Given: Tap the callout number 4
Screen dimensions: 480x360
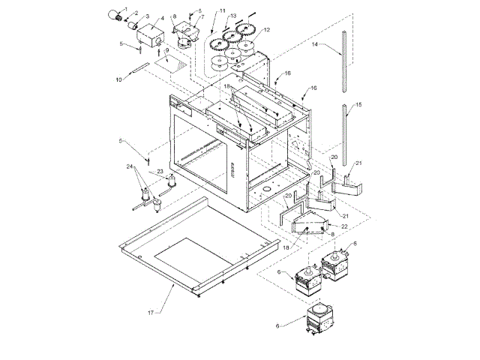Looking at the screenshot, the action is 162,19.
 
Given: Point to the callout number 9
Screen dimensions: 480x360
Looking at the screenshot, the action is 166,50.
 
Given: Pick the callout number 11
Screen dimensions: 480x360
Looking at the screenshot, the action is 223,10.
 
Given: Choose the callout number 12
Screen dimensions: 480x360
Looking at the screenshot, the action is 266,29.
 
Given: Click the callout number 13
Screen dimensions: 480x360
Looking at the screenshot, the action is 233,16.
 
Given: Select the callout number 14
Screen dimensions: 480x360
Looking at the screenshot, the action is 315,45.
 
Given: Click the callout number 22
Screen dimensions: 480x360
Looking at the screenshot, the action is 344,226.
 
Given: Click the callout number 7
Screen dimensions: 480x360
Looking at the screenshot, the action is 202,16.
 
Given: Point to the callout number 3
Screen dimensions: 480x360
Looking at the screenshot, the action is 147,16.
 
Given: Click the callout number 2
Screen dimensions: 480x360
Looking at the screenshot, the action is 136,13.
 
